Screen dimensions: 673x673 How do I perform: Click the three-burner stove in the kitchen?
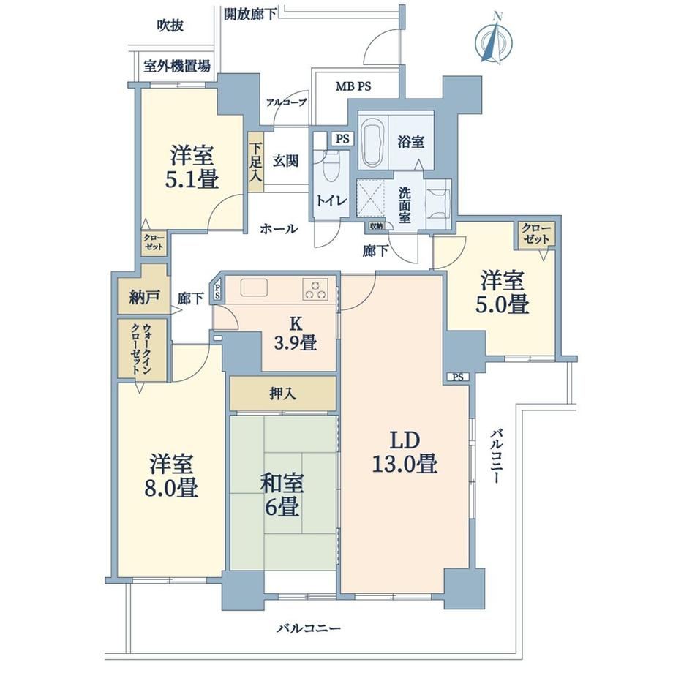click(315, 289)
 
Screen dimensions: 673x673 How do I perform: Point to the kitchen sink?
click(254, 287)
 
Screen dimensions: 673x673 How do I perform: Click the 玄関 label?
click(285, 161)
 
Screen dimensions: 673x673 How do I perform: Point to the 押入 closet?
click(283, 393)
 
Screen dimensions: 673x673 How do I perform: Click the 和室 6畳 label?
click(282, 495)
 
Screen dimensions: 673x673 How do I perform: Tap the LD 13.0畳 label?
click(405, 452)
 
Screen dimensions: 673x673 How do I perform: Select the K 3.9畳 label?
click(296, 334)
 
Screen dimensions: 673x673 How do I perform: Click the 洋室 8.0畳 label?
click(171, 475)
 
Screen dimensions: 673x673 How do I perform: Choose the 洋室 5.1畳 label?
click(192, 167)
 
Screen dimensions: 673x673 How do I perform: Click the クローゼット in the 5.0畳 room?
click(536, 234)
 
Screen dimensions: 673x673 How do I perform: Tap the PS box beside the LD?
click(458, 377)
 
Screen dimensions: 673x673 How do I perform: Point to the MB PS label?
click(353, 86)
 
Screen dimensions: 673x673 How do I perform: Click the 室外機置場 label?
click(177, 66)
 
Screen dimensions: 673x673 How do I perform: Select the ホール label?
click(279, 228)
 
